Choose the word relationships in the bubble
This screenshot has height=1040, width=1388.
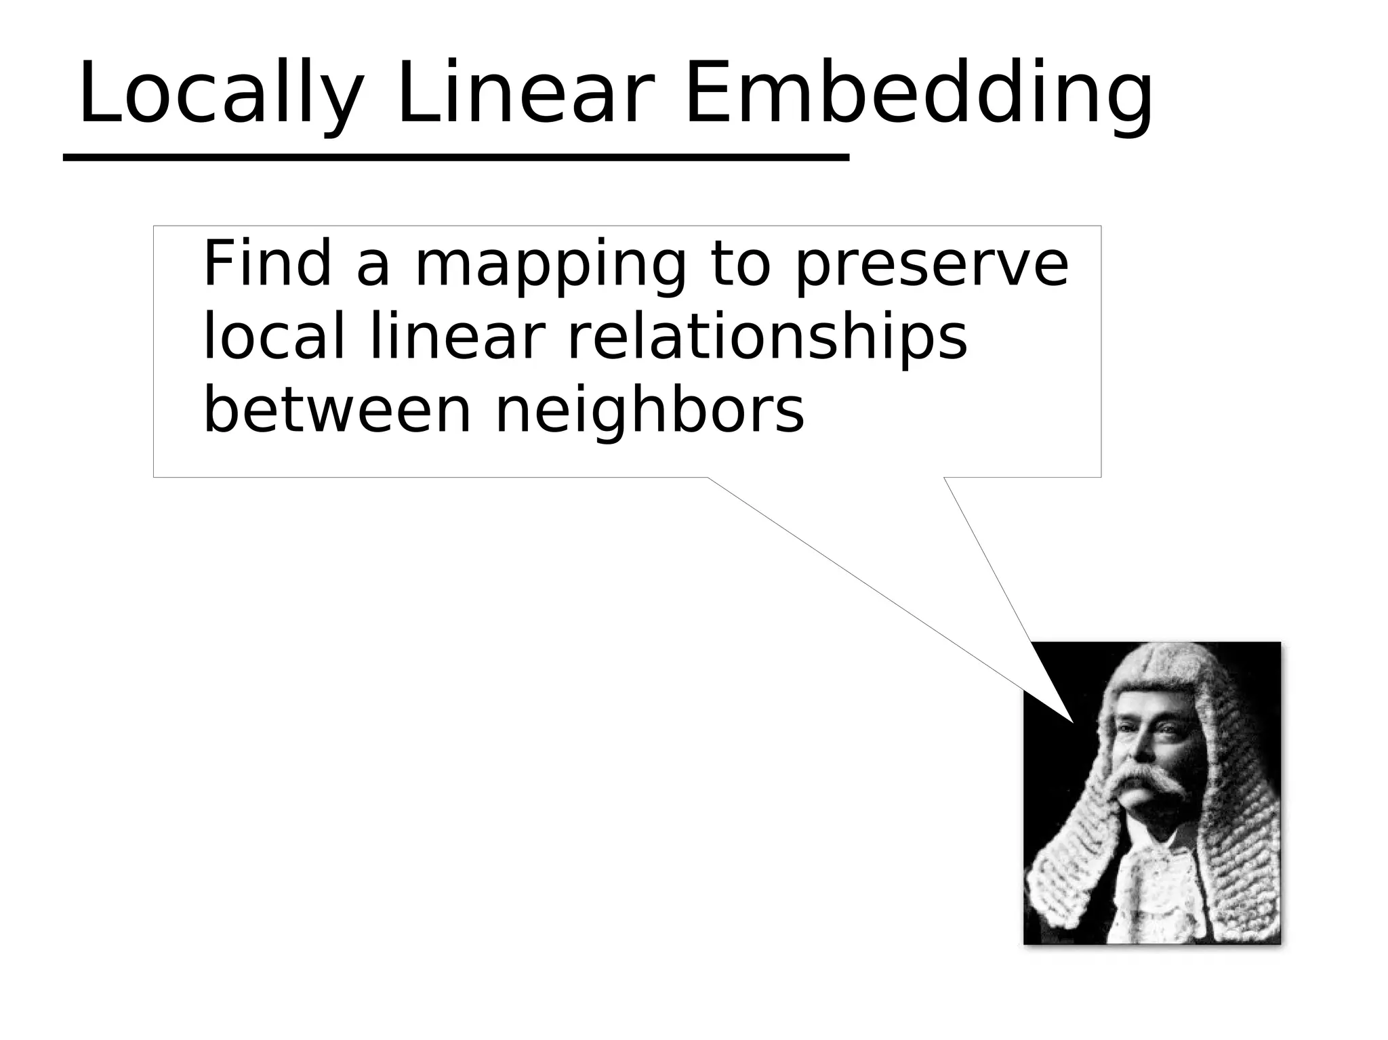point(767,339)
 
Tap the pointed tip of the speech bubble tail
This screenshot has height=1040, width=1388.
point(1073,722)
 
